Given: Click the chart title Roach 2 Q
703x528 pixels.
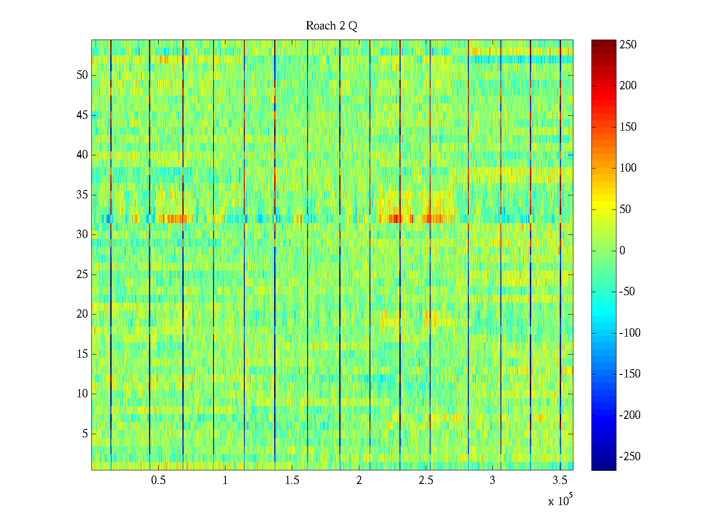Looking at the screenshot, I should [331, 26].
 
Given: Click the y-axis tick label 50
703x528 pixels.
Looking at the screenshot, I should [82, 75].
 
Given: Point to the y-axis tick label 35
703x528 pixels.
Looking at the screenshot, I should [82, 195].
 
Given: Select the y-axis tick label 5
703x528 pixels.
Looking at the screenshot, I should [85, 434].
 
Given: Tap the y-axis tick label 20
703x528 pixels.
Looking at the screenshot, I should [82, 314].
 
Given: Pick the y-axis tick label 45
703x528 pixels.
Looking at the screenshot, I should [82, 115].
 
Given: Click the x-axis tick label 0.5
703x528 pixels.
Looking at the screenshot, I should [158, 480].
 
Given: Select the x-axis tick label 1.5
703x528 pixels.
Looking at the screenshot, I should [292, 480].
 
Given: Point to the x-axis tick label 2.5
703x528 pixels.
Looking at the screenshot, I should [426, 480].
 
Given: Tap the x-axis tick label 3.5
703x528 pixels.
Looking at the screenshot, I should [559, 480].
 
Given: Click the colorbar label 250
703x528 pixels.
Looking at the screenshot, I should [628, 45].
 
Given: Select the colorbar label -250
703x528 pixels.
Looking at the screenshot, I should [630, 456].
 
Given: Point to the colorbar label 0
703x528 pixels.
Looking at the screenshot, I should [622, 251].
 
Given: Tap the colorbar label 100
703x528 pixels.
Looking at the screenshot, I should [628, 168].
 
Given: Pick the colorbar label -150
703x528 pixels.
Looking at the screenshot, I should [630, 374].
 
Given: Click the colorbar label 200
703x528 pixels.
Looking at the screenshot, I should [628, 86].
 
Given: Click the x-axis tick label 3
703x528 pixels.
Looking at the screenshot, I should [493, 480].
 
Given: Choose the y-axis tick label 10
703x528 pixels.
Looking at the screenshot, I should [82, 394].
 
